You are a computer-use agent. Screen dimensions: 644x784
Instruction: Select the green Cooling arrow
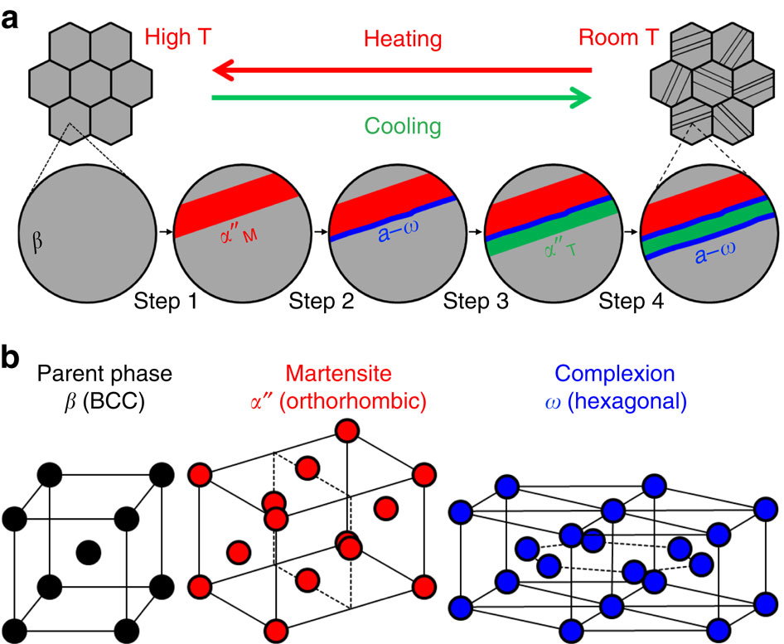click(x=403, y=99)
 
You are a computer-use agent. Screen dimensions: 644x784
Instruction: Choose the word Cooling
click(x=401, y=127)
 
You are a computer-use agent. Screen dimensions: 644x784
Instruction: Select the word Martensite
click(x=334, y=375)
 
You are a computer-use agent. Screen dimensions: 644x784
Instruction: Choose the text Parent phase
click(x=87, y=375)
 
